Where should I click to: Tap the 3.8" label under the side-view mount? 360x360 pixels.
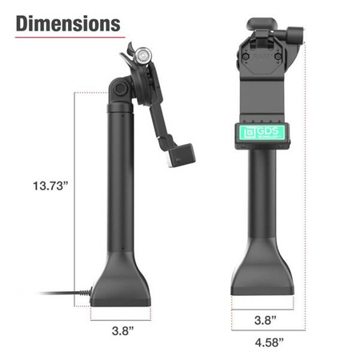pyautogui.click(x=121, y=328)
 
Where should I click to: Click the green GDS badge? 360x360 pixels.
pyautogui.click(x=263, y=134)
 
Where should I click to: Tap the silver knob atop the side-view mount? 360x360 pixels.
pyautogui.click(x=142, y=55)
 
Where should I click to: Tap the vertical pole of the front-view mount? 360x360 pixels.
pyautogui.click(x=263, y=208)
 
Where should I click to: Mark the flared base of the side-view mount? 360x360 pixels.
pyautogui.click(x=121, y=284)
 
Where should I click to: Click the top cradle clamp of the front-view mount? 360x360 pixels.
pyautogui.click(x=263, y=40)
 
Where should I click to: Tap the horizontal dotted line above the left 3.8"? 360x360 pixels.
pyautogui.click(x=121, y=314)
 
